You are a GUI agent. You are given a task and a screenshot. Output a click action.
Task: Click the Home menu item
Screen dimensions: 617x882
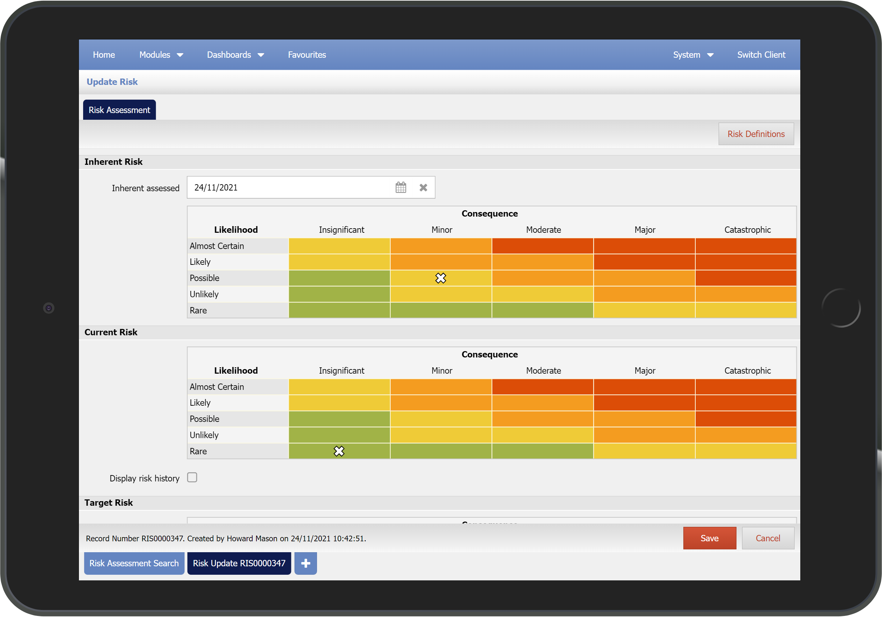click(104, 55)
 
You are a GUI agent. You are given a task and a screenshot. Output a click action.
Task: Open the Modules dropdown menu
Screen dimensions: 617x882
click(161, 55)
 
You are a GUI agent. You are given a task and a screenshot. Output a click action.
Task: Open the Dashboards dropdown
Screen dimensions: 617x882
click(235, 55)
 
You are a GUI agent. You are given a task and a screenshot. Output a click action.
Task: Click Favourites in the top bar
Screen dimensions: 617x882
click(306, 55)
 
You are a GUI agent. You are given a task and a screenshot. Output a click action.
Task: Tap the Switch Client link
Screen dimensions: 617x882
click(760, 55)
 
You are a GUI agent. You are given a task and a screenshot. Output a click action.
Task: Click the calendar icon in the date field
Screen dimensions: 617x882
click(400, 187)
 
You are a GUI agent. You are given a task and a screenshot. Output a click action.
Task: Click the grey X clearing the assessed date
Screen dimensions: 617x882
click(423, 187)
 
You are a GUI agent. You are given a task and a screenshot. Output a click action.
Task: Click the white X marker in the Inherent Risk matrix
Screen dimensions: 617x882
click(441, 278)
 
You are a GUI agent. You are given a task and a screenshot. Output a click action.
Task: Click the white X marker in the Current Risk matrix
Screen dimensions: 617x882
click(339, 451)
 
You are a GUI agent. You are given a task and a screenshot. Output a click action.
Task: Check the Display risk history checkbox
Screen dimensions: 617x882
click(192, 477)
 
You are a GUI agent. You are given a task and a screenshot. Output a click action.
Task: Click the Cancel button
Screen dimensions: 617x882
click(768, 538)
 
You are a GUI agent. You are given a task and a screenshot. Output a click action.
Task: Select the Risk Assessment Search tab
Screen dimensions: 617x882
click(134, 563)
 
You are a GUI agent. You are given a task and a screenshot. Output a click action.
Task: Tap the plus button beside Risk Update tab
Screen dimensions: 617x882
click(305, 563)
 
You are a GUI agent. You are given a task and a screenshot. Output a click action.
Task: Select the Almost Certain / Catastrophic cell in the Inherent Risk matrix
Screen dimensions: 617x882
click(745, 246)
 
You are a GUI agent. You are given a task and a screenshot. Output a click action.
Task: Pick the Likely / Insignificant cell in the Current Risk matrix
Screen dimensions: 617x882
click(339, 403)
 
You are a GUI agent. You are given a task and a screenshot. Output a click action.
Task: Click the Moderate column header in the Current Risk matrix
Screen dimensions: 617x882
click(543, 370)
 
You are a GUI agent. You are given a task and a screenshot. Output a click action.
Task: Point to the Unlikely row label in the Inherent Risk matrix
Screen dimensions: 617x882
click(204, 294)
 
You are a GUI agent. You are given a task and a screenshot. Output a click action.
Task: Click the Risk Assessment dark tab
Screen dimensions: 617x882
click(119, 110)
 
